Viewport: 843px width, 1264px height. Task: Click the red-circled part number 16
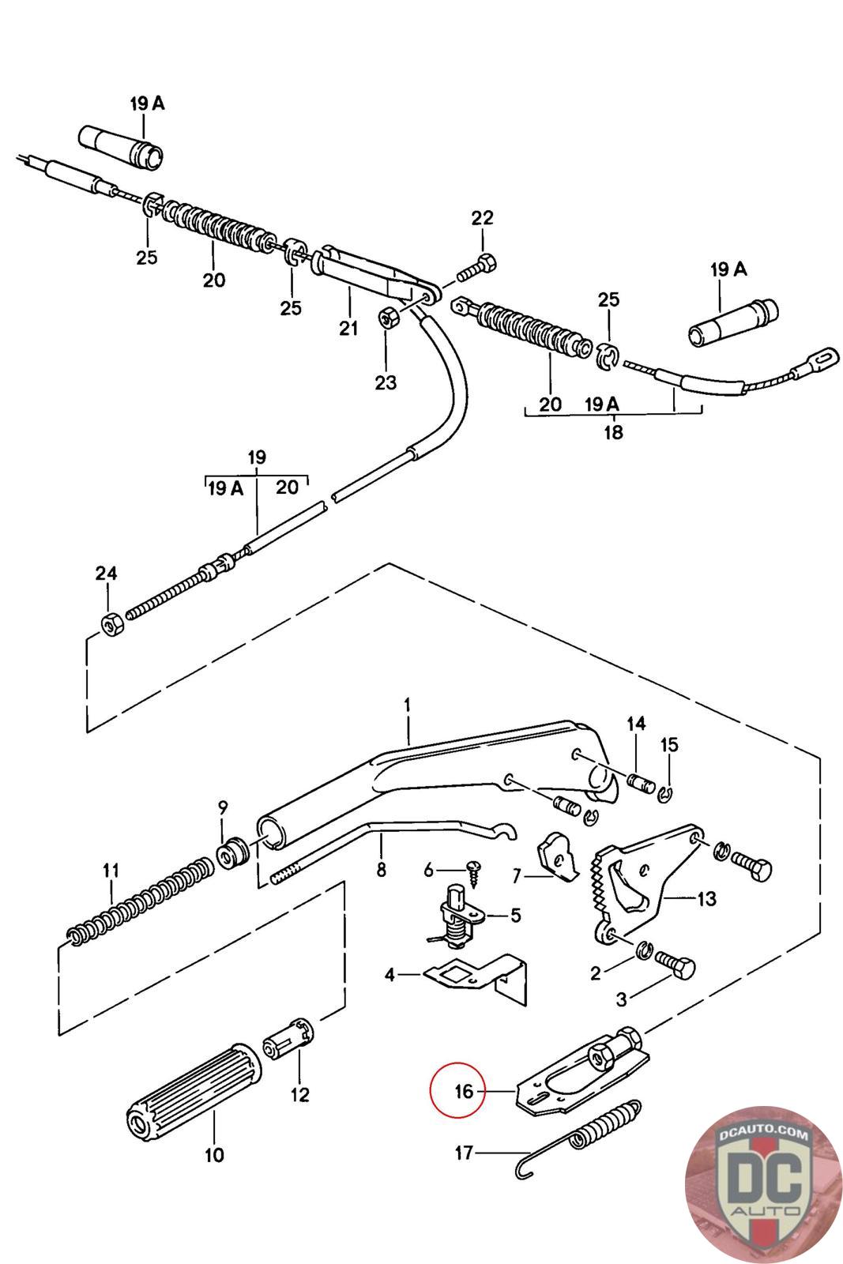pyautogui.click(x=464, y=1091)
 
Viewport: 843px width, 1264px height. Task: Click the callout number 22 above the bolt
pyautogui.click(x=482, y=218)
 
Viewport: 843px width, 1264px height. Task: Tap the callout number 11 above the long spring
pyautogui.click(x=110, y=871)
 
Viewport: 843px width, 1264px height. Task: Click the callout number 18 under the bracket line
pyautogui.click(x=612, y=432)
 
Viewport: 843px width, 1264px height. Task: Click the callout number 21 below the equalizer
pyautogui.click(x=348, y=328)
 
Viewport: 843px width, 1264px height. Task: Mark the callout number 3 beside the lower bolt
pyautogui.click(x=622, y=999)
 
